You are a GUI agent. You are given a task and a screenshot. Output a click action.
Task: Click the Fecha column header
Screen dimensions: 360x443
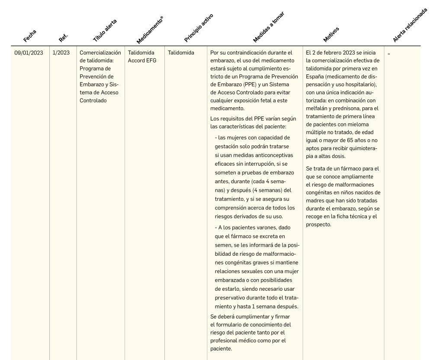(x=30, y=35)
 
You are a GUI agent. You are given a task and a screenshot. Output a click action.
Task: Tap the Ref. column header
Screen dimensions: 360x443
(x=63, y=38)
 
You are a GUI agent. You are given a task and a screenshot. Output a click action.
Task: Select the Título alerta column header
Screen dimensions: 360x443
(x=105, y=30)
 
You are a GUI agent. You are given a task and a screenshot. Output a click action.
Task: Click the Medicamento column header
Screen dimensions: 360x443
(x=149, y=30)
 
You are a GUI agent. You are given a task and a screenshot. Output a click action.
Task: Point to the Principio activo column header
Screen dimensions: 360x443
(x=199, y=28)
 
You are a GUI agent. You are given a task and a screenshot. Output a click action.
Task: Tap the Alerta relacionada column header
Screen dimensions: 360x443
(x=410, y=25)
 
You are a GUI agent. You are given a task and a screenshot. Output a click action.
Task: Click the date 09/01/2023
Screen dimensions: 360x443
(x=29, y=53)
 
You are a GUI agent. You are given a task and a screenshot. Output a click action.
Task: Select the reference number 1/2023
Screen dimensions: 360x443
(x=61, y=53)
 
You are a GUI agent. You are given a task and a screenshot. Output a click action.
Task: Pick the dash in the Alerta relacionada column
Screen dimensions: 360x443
(x=389, y=53)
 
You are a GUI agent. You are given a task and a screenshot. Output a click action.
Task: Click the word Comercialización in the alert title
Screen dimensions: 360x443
(x=100, y=53)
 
